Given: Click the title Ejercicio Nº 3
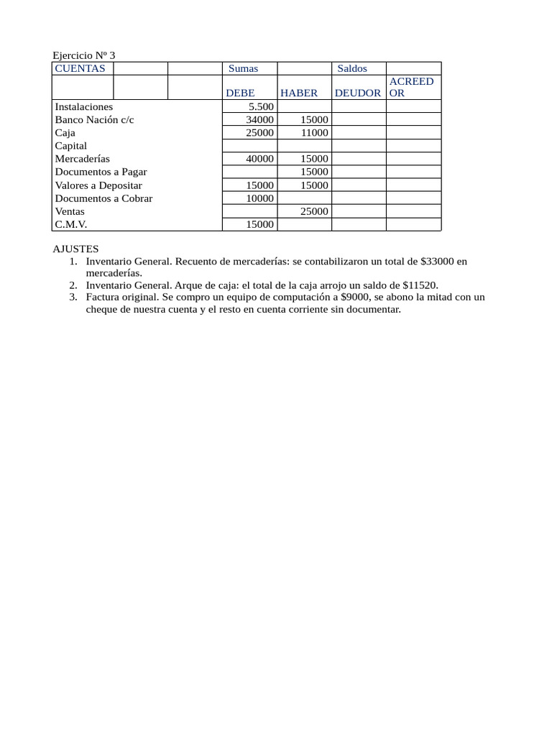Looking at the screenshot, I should [84, 55].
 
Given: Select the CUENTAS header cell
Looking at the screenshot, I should [80, 68].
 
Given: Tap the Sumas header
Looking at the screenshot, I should [243, 68].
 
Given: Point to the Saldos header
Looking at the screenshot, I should [352, 68].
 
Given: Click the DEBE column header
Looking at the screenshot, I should [240, 93].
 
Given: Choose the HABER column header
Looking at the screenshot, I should [299, 93].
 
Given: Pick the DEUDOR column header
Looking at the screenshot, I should [358, 93].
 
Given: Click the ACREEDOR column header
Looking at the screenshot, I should [411, 87].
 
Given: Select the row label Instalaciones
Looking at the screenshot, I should [84, 106].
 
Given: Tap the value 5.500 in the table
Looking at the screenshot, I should [261, 106].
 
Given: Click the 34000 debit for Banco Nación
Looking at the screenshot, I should [259, 119].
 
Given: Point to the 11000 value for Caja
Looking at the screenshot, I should [314, 133].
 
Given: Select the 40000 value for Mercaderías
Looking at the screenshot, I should [259, 159].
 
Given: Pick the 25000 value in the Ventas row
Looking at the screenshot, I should [314, 211].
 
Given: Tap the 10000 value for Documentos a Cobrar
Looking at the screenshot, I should [259, 198].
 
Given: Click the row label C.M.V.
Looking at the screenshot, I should [71, 224].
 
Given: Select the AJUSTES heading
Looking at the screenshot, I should [75, 249].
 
